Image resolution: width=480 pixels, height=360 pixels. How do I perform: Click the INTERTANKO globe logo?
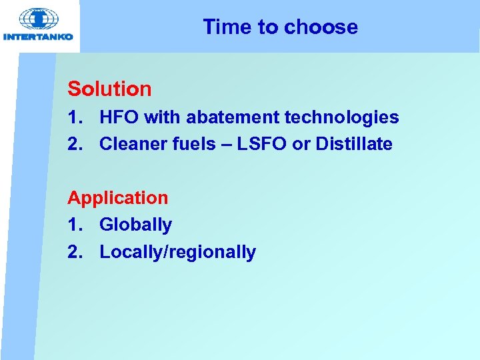point(39,19)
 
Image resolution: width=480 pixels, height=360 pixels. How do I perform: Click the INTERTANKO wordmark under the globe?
point(39,37)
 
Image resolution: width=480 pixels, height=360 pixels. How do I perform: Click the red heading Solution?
point(109,89)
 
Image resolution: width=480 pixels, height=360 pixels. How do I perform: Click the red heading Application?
point(117,198)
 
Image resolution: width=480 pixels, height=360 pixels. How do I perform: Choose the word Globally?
point(135,225)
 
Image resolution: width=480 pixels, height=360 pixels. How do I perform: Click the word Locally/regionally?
point(177,253)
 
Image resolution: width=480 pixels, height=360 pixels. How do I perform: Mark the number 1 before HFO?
point(73,118)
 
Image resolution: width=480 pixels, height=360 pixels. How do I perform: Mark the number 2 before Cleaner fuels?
point(73,144)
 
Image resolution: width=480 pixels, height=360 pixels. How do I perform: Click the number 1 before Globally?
point(73,225)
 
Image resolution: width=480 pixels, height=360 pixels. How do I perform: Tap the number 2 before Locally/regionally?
point(73,253)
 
